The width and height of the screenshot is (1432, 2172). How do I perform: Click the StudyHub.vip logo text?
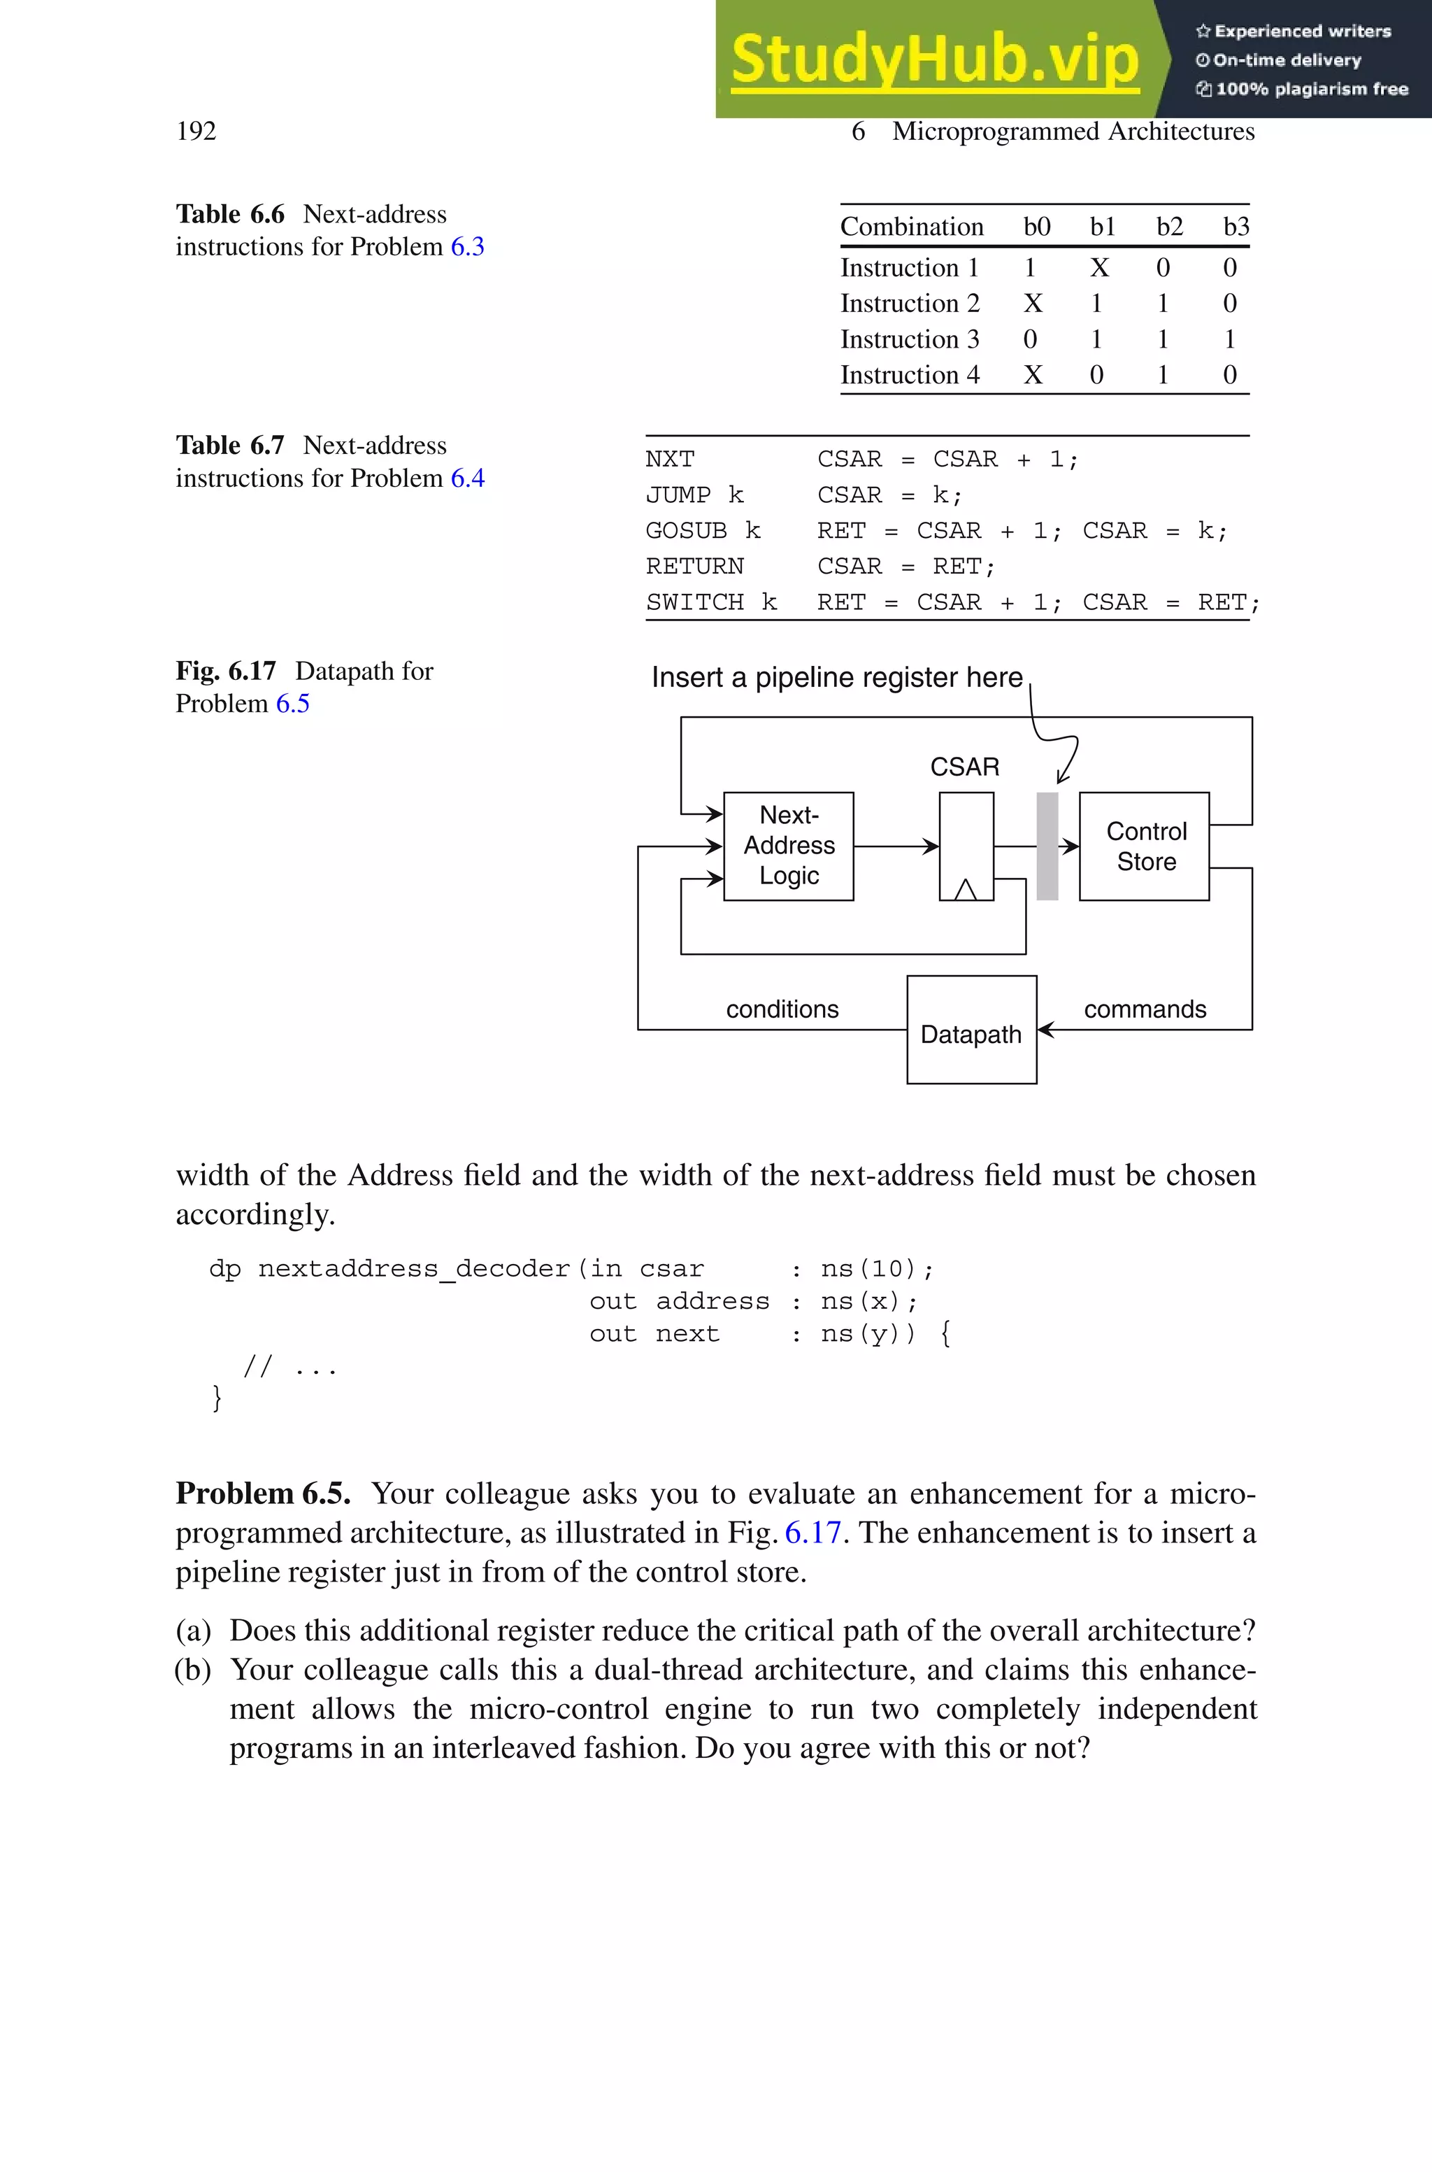click(x=934, y=59)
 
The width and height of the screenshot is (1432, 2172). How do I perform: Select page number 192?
click(x=196, y=132)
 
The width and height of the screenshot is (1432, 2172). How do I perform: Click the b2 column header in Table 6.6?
click(x=1169, y=227)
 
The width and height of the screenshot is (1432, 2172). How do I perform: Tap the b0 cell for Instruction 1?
click(x=1030, y=268)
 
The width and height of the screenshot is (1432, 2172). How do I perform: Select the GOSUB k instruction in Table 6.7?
click(x=702, y=531)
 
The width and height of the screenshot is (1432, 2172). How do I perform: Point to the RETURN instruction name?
click(x=694, y=567)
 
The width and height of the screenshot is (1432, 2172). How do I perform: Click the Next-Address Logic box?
click(x=788, y=846)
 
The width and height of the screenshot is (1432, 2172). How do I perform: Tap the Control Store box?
click(x=1145, y=846)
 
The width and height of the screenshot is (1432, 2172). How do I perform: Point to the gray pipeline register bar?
click(x=1047, y=846)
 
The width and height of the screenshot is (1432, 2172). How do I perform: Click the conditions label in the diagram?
click(x=782, y=1009)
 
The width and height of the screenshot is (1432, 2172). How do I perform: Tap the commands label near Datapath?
click(x=1145, y=1009)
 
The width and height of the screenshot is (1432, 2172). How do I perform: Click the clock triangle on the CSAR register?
click(x=966, y=890)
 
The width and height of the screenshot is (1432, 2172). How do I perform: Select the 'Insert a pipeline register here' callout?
click(x=836, y=678)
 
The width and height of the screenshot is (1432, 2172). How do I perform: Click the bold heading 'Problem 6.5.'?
click(x=263, y=1493)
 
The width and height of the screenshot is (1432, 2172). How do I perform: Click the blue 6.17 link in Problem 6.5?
click(x=812, y=1533)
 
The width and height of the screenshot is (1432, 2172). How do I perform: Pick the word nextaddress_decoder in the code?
click(x=414, y=1269)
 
